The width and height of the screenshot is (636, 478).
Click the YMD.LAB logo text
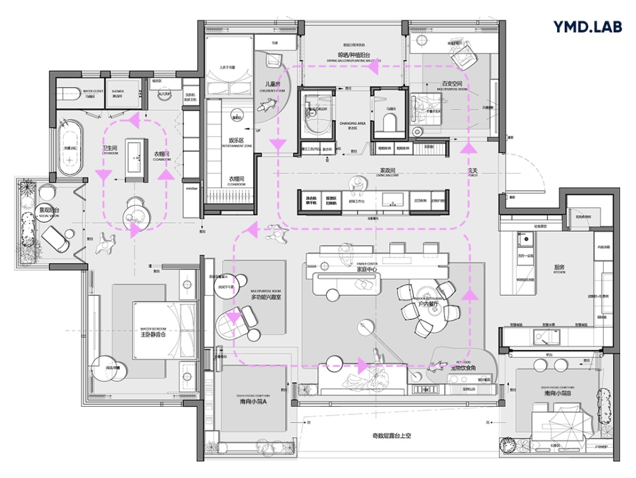point(587,27)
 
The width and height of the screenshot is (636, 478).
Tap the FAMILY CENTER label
point(367,264)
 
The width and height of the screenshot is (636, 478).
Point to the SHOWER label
point(118,91)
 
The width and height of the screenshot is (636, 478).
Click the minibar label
point(191,189)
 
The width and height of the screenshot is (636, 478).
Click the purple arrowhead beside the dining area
point(470,294)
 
